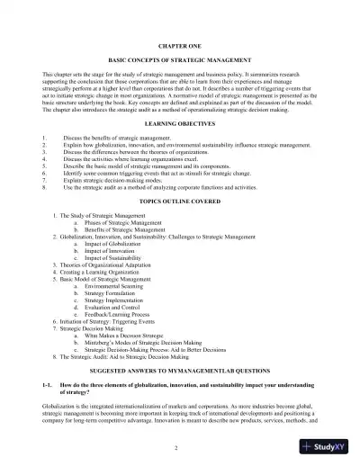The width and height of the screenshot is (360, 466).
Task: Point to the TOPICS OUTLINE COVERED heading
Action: click(179, 203)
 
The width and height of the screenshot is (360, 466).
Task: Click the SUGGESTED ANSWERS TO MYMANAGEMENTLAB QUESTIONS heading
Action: click(179, 371)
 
